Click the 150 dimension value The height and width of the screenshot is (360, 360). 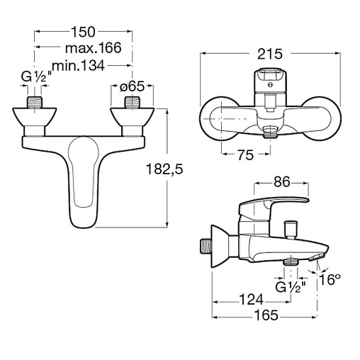coord(83,32)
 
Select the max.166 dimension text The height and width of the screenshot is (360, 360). coord(93,48)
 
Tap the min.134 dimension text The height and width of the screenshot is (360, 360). coord(78,65)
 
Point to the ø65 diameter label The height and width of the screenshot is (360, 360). coord(132,86)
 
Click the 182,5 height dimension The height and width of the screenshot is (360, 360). coord(164,169)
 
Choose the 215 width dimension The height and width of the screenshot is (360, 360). coord(270,54)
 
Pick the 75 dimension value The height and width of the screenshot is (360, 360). coord(245,155)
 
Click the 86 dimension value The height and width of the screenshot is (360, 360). coord(281,182)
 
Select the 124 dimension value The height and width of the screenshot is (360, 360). coord(252,300)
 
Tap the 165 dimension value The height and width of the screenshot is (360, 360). coord(266,315)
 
